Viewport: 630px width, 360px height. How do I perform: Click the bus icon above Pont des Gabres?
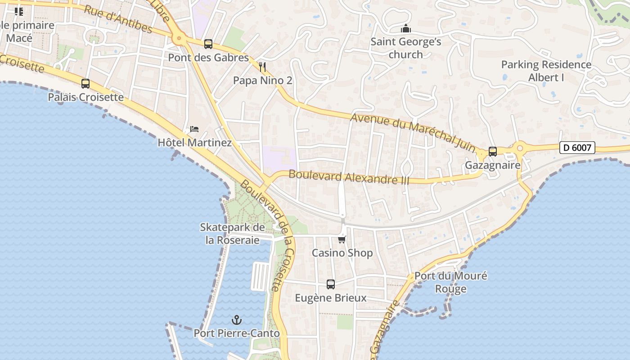[208, 44]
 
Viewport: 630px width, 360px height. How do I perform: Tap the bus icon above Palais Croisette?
[85, 84]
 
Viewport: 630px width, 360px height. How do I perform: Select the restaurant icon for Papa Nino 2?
[262, 67]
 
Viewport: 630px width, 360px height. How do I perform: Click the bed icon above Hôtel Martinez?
[194, 129]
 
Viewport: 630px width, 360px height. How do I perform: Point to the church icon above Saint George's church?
[406, 29]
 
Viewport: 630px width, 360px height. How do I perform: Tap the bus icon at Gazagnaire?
[493, 152]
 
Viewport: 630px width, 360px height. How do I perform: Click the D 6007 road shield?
[577, 147]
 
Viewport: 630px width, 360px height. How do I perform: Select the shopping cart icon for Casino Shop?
[342, 239]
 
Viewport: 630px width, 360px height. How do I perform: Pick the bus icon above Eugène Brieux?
[331, 284]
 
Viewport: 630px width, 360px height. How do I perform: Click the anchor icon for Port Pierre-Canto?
[237, 320]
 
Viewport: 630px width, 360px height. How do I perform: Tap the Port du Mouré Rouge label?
[450, 282]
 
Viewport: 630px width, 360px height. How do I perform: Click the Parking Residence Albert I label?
[546, 71]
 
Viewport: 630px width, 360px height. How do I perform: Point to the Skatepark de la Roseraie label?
[232, 234]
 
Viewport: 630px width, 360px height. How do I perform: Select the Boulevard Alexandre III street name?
[349, 177]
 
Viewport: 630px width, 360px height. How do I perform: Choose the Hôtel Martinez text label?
[194, 143]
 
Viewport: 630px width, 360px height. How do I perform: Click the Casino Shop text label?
[342, 253]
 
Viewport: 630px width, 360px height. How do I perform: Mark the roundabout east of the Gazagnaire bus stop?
[520, 147]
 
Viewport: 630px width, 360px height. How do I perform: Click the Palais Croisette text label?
[85, 97]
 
